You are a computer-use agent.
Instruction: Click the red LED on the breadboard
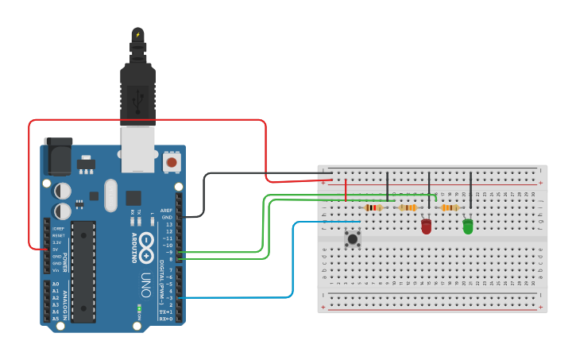pos(427,226)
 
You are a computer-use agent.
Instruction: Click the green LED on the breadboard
pos(468,226)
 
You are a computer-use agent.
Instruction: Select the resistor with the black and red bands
pos(373,208)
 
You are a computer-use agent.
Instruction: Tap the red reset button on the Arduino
pos(171,162)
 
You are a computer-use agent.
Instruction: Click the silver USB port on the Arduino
pos(137,151)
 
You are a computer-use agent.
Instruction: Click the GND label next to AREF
pos(167,217)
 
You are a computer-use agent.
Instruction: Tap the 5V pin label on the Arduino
pos(56,250)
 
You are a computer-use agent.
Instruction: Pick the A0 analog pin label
pos(56,284)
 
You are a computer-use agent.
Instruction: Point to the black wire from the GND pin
pos(204,195)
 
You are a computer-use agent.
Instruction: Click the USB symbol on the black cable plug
pos(138,99)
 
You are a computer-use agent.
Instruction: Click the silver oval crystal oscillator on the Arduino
pos(110,195)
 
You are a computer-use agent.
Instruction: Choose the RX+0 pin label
pos(166,318)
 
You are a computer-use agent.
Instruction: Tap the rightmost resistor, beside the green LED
pos(450,208)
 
